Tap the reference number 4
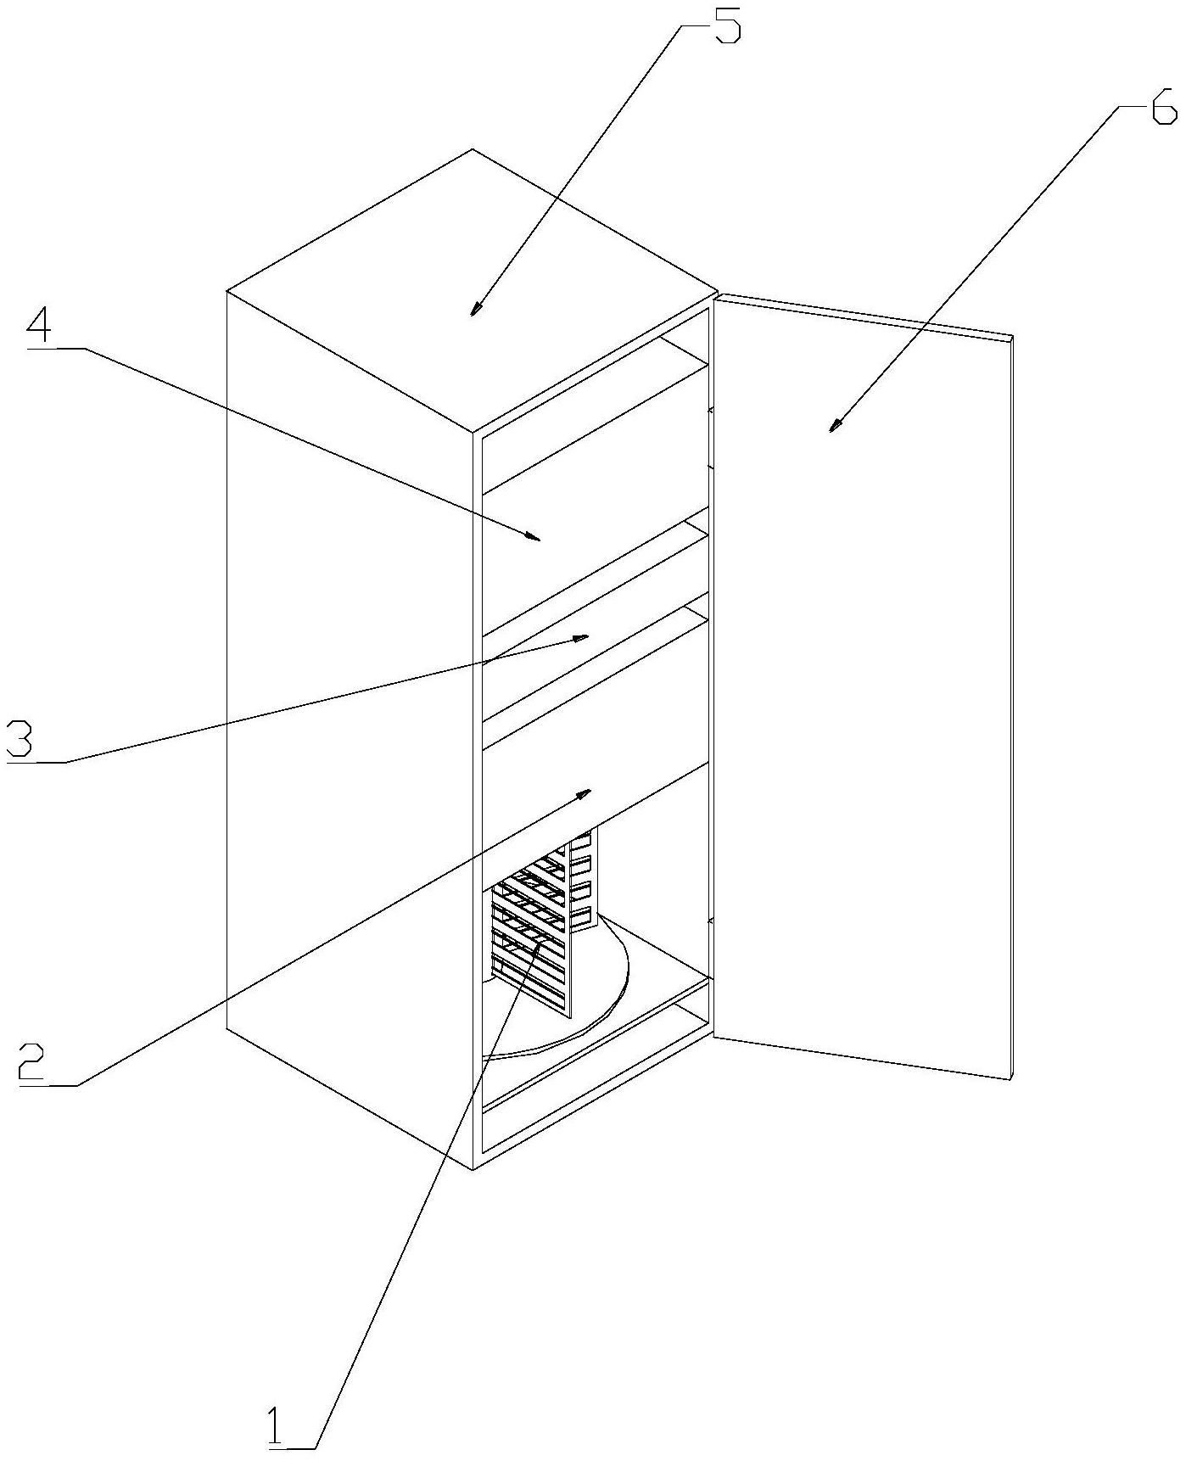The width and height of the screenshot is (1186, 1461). [x=41, y=326]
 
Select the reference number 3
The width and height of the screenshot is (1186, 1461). [x=20, y=739]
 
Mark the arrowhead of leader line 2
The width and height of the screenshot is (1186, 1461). [x=583, y=793]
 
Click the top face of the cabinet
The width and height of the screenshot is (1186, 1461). [x=472, y=290]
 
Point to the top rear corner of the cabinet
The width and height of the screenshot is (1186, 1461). [x=473, y=150]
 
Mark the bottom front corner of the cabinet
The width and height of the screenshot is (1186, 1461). [x=473, y=1170]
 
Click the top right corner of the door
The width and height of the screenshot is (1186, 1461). [x=1014, y=336]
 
